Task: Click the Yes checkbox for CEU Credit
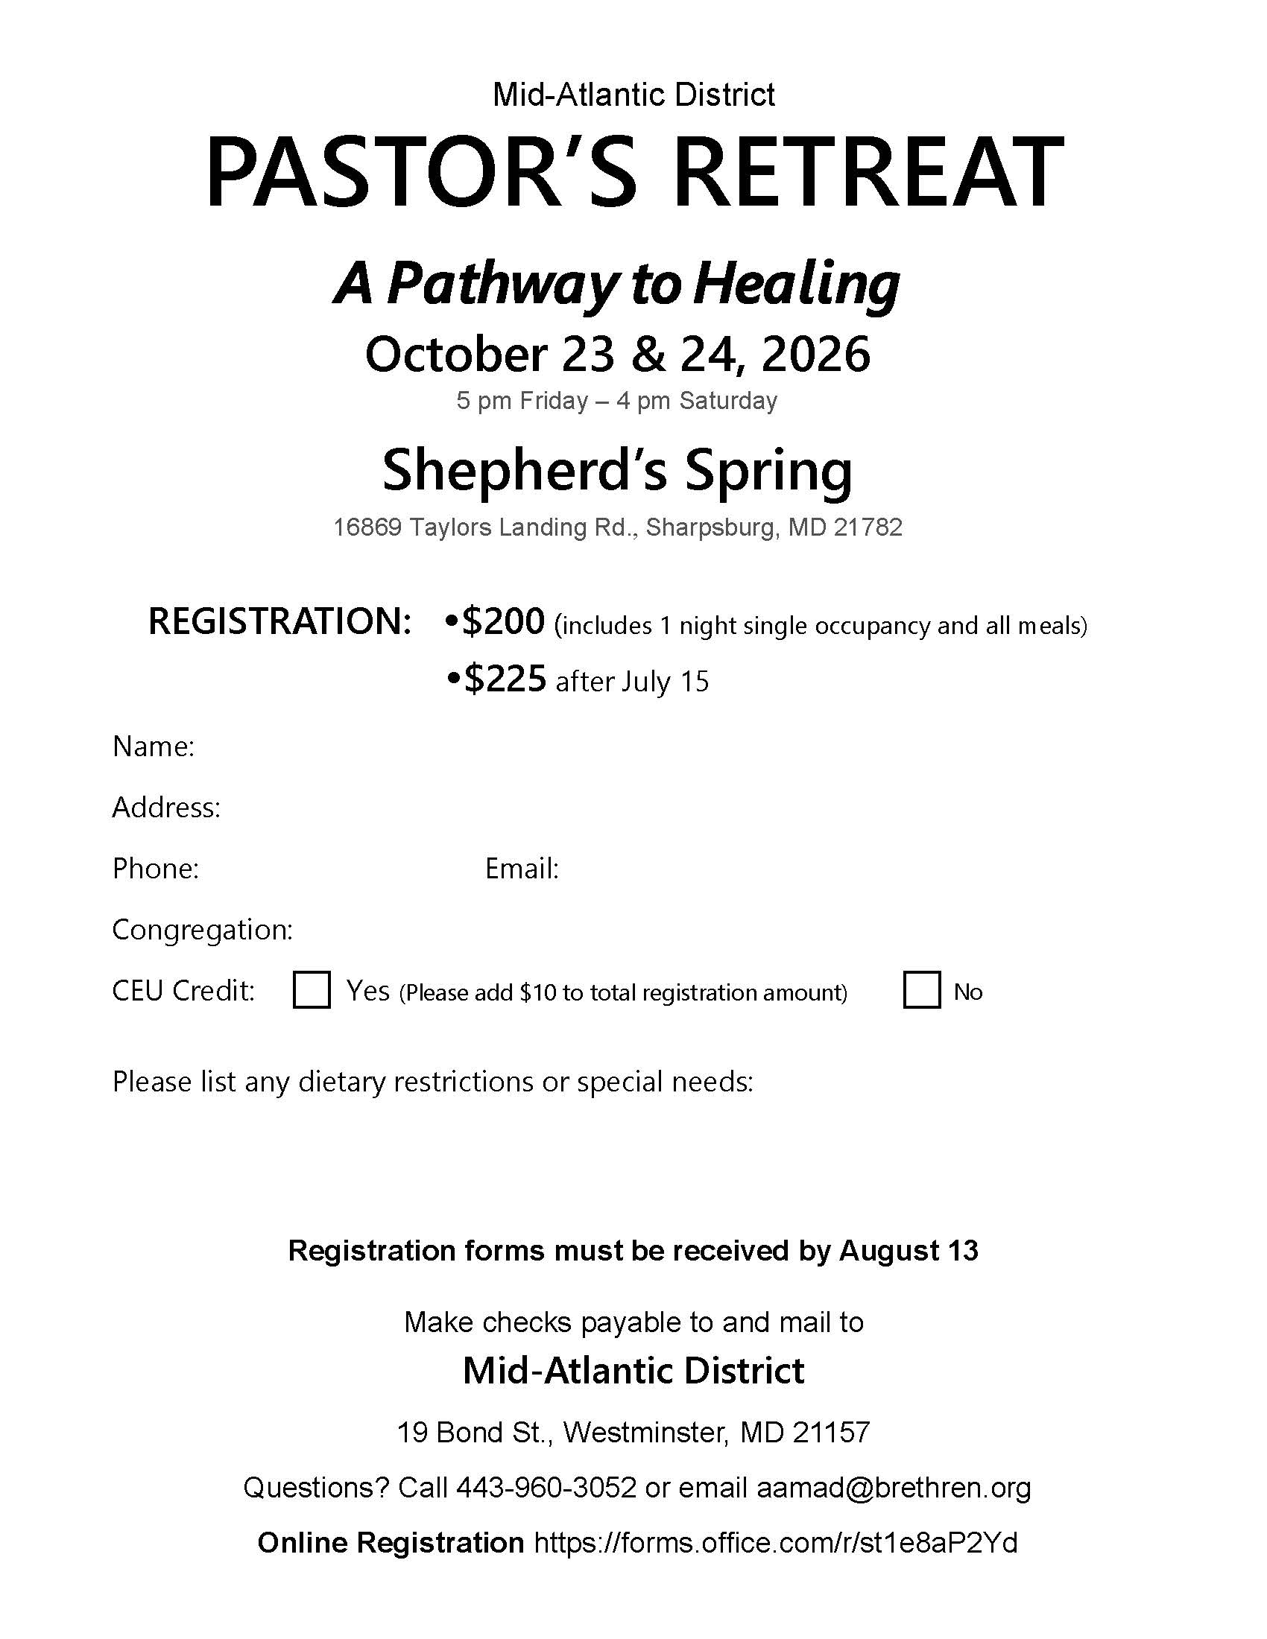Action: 312,990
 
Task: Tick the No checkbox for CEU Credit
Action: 922,990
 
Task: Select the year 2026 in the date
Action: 816,354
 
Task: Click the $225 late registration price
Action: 505,679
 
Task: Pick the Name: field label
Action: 153,746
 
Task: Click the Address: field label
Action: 166,808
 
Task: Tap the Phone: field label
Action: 155,868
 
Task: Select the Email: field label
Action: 522,868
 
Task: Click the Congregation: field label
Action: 202,930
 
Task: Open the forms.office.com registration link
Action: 775,1542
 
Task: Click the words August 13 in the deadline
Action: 909,1250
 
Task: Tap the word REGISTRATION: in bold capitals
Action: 279,621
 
